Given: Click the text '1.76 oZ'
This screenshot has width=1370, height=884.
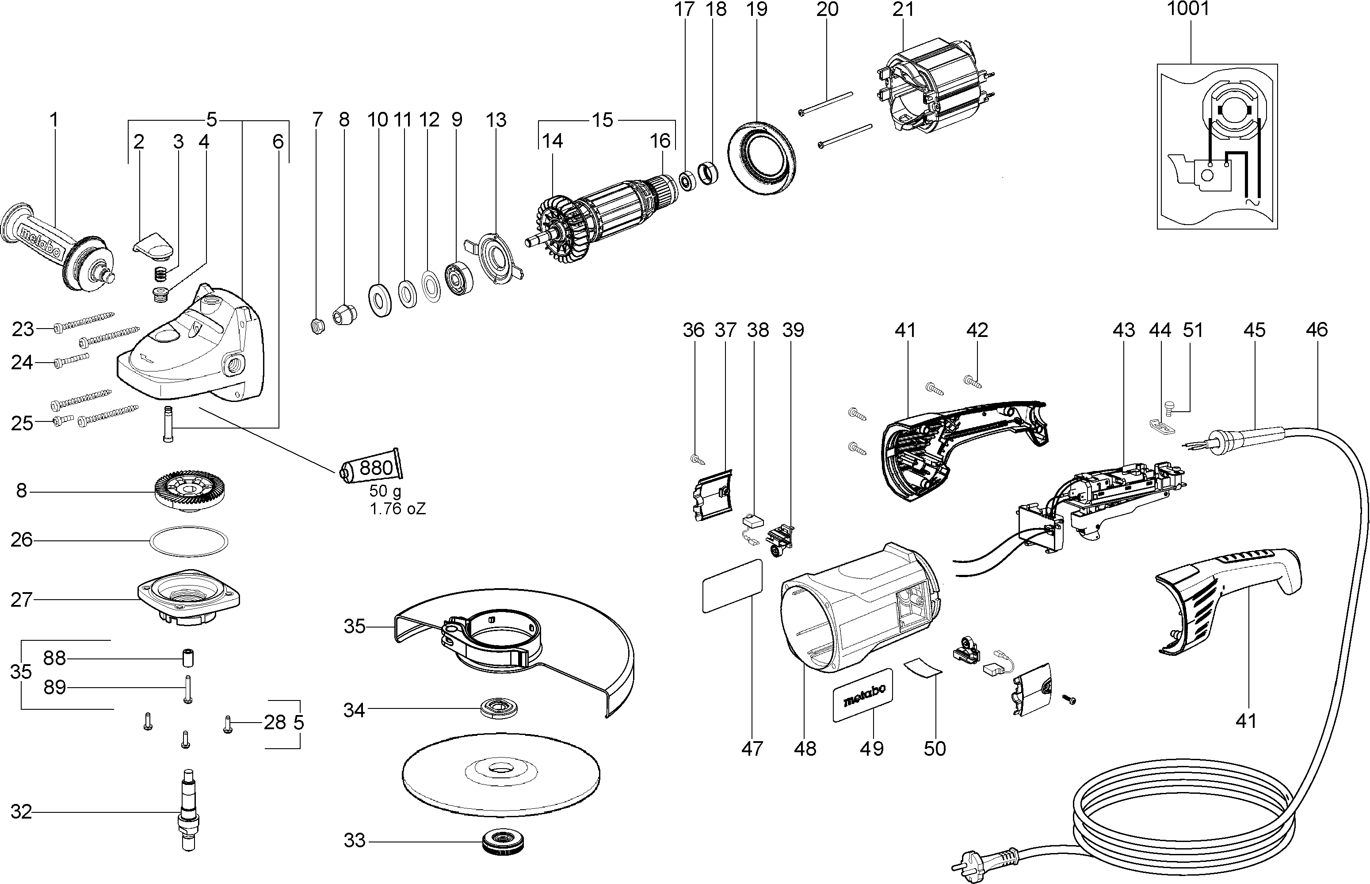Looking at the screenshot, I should [x=397, y=509].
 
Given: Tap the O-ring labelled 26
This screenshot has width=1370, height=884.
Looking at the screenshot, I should [x=188, y=540].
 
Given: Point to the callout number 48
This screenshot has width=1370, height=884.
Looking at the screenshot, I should [x=805, y=749].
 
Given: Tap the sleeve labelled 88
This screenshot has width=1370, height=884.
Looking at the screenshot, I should [x=187, y=658].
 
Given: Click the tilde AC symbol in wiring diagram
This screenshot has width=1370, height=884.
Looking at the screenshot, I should [x=1251, y=203].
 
